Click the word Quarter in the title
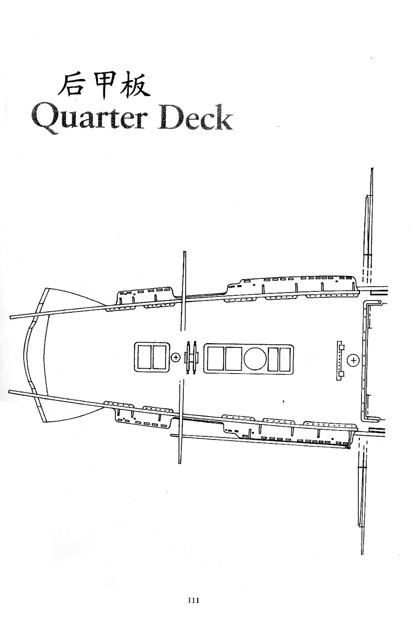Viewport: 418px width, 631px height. [89, 118]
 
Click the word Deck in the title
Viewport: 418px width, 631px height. [195, 118]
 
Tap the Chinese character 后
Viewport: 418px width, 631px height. [71, 85]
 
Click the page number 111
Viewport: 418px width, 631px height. [193, 600]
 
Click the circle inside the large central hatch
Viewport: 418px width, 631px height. [255, 359]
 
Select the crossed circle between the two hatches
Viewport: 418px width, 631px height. [176, 357]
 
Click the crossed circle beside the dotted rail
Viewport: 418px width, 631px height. [354, 359]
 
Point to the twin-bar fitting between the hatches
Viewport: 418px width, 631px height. [192, 357]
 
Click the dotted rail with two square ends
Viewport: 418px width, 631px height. [341, 360]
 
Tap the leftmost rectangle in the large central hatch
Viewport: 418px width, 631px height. [214, 359]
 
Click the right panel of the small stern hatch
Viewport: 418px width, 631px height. [159, 357]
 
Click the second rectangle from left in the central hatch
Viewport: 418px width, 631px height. [232, 359]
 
